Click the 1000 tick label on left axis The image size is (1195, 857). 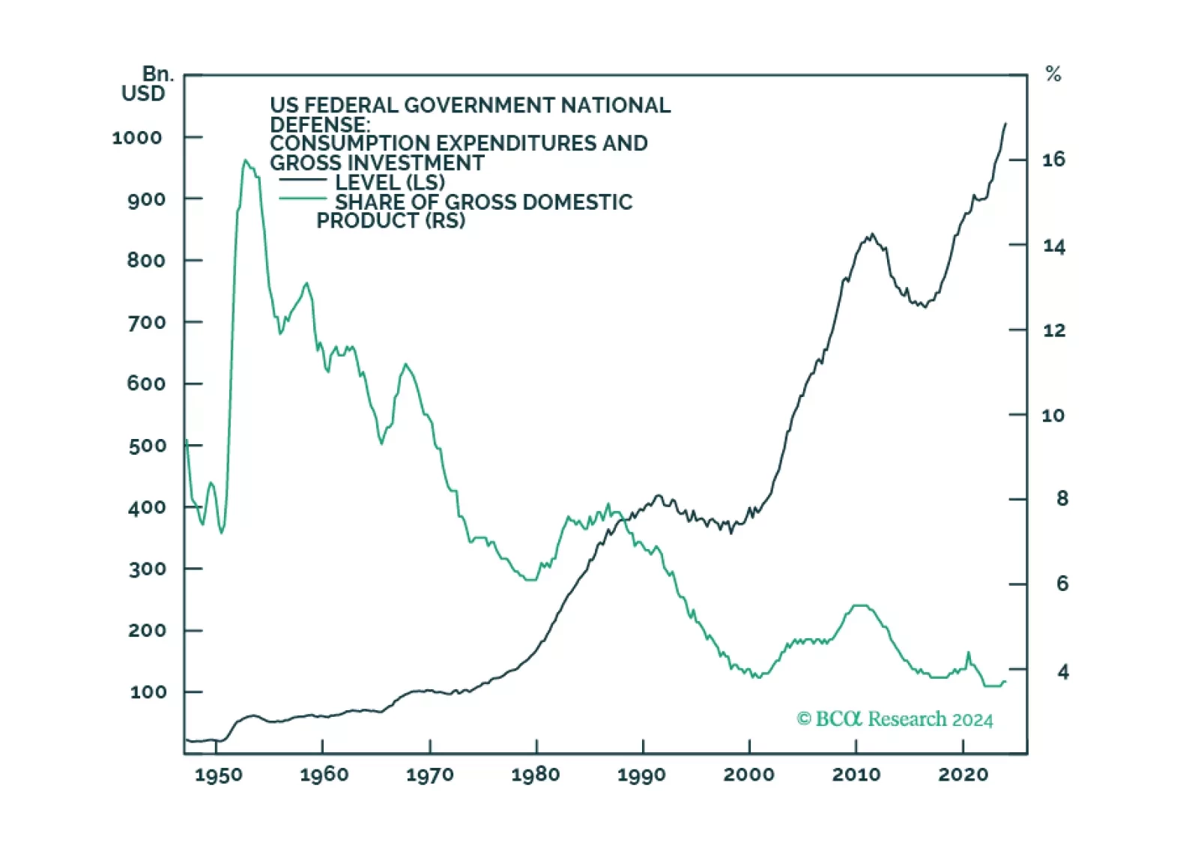coord(137,138)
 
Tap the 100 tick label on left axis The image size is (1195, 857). coord(148,692)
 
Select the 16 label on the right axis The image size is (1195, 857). coord(1053,160)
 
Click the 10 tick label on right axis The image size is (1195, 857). coord(1053,416)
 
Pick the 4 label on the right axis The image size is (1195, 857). coord(1062,672)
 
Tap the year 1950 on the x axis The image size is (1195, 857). coord(218,775)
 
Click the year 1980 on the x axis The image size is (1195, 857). coord(536,775)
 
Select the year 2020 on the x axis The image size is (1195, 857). coord(963,775)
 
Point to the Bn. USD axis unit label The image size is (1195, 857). coord(148,84)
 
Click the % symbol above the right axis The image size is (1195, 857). coord(1053,74)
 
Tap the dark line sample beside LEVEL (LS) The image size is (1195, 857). coord(303,181)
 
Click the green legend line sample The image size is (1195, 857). coord(303,199)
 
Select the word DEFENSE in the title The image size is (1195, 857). coord(319,124)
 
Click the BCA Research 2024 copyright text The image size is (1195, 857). coord(895,719)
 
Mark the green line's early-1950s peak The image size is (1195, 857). coord(245,160)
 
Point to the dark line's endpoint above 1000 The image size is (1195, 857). coord(1005,124)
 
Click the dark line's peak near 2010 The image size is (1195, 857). coord(871,234)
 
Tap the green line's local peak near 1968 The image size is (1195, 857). coord(406,364)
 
